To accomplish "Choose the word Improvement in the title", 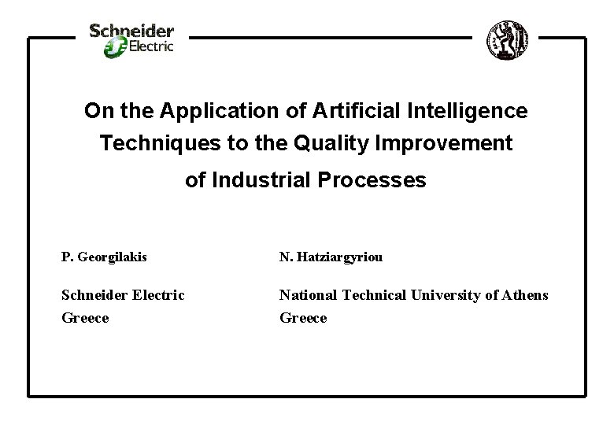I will tap(442, 145).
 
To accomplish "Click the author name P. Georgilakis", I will tap(104, 257).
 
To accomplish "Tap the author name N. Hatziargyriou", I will tap(331, 257).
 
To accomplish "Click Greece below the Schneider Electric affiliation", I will tap(85, 318).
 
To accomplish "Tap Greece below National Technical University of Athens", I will tap(303, 318).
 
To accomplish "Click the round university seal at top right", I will tap(505, 37).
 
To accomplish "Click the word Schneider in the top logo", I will tap(131, 31).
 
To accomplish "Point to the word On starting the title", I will tap(96, 112).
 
